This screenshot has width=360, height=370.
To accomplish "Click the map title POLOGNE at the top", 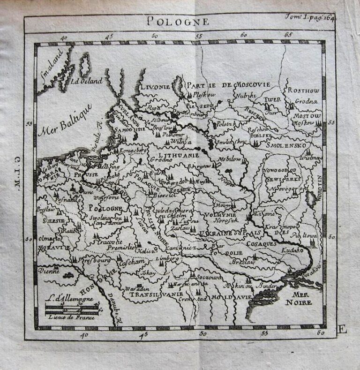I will (177, 21).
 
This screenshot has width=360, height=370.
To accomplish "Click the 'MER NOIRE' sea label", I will (301, 298).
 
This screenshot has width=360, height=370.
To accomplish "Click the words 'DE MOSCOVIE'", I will (246, 85).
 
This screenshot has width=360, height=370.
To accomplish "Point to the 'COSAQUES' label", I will (261, 243).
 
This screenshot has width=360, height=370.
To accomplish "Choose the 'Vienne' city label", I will (48, 271).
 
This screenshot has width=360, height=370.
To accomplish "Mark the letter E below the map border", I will (342, 330).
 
